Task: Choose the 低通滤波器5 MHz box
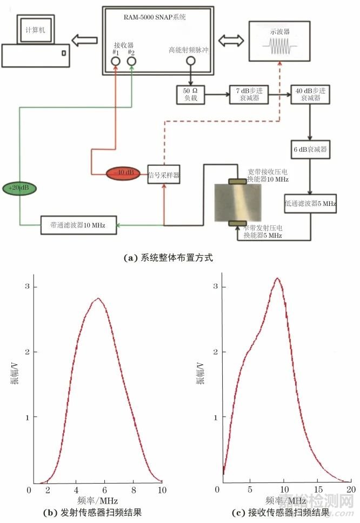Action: (x=310, y=203)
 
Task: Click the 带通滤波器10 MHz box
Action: (x=79, y=225)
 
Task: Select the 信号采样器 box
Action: (x=163, y=175)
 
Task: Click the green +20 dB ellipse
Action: (x=21, y=188)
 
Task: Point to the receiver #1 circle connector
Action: (x=116, y=62)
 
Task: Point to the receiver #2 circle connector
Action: (x=132, y=62)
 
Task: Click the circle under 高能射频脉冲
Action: (x=190, y=62)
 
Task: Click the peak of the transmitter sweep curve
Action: (x=97, y=298)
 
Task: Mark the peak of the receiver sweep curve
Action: (x=277, y=279)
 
